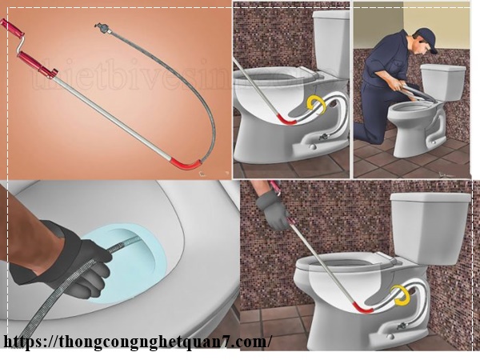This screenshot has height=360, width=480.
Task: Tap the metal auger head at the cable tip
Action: pyautogui.click(x=101, y=28)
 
